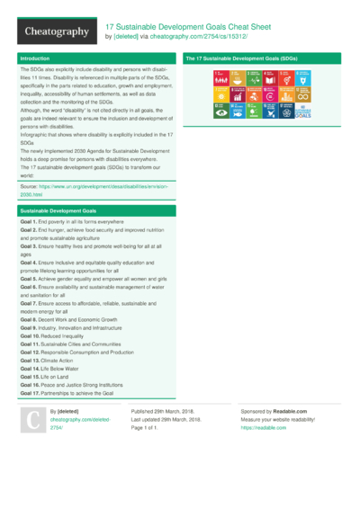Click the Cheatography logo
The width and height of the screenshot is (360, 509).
click(56, 31)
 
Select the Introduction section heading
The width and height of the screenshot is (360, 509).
click(35, 58)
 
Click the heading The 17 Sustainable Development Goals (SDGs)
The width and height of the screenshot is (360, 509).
click(241, 58)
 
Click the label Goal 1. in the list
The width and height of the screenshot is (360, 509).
click(28, 221)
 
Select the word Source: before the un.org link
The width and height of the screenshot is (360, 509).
click(30, 186)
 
